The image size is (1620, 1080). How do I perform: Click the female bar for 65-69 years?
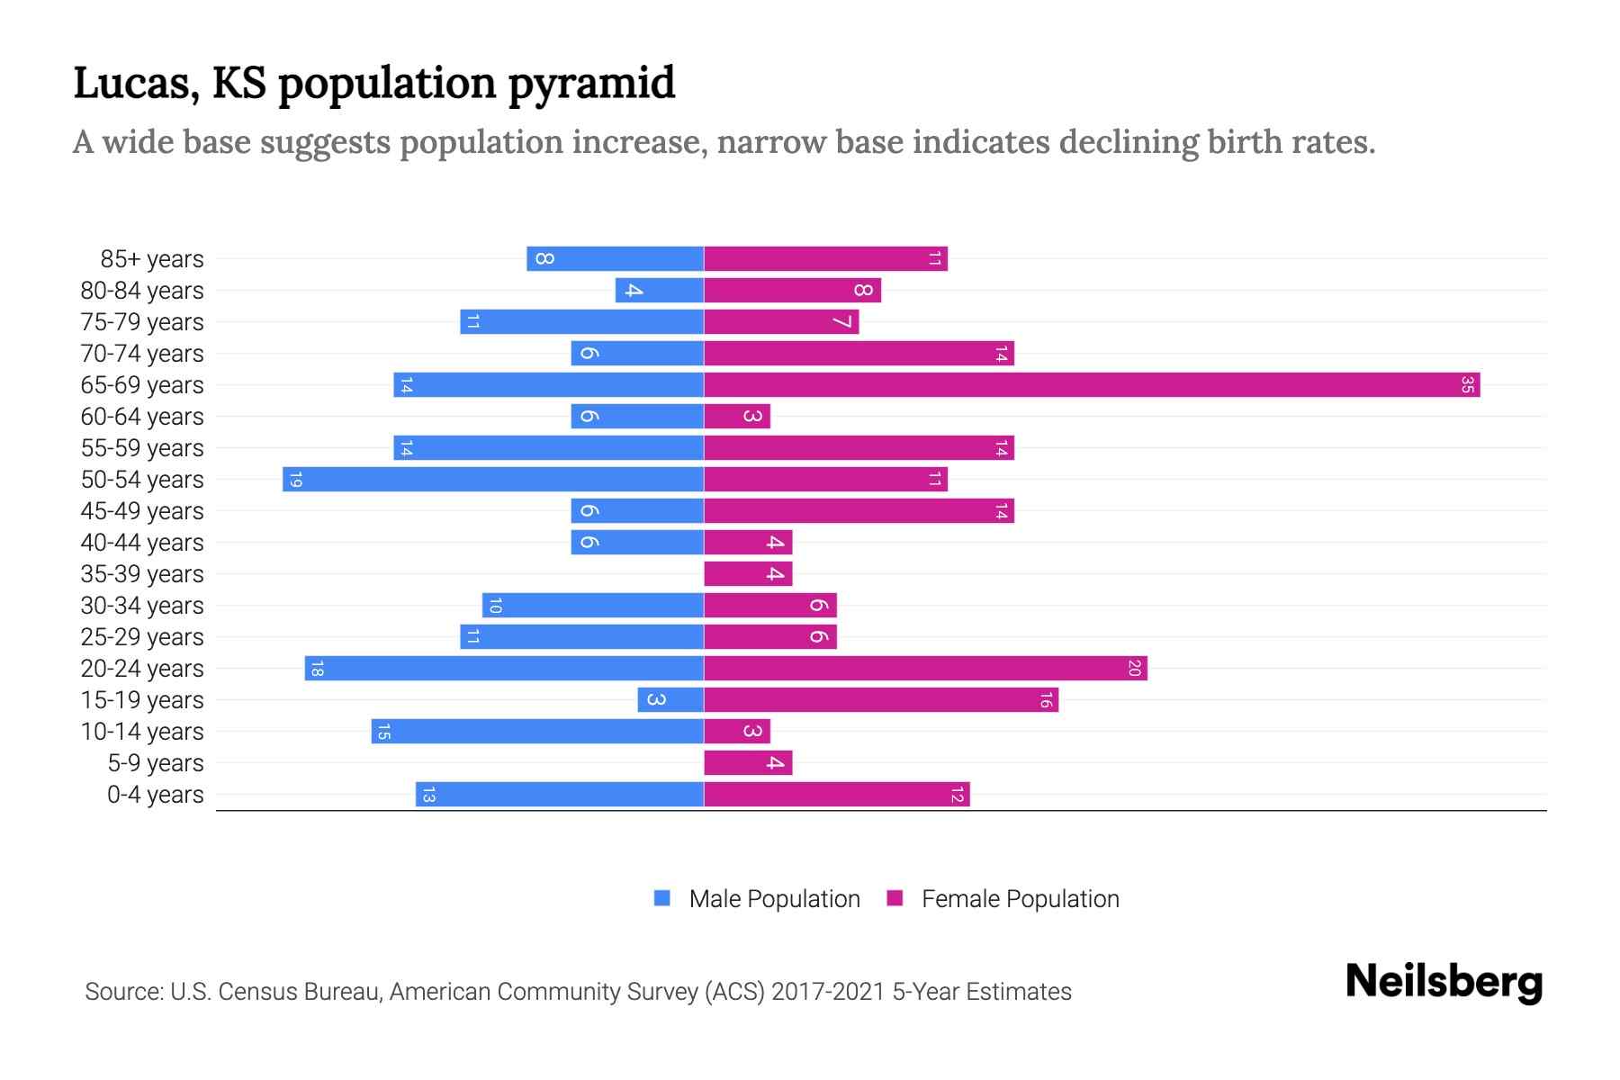(1091, 385)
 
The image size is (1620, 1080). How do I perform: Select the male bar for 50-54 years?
(493, 480)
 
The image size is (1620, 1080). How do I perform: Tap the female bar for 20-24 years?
(925, 669)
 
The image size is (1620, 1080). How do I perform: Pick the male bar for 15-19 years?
(670, 700)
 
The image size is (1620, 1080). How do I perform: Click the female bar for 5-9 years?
(748, 763)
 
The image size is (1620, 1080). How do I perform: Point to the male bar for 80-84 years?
(660, 291)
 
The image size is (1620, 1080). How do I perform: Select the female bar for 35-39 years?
(748, 574)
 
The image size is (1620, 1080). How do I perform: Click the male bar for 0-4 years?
(559, 795)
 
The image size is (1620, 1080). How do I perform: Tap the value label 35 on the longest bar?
(1467, 385)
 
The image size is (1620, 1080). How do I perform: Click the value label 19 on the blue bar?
(295, 480)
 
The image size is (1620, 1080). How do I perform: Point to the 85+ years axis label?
(152, 259)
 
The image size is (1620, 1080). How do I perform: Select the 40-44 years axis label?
(142, 543)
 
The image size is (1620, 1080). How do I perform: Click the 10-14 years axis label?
(142, 732)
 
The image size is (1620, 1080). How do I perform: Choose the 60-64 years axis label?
(142, 417)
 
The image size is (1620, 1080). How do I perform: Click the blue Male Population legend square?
(662, 898)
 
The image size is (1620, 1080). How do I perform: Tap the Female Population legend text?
(1020, 899)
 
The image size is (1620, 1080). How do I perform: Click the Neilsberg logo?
(1444, 982)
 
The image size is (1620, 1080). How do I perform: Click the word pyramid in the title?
(591, 84)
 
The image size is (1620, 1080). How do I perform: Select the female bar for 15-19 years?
(880, 700)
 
